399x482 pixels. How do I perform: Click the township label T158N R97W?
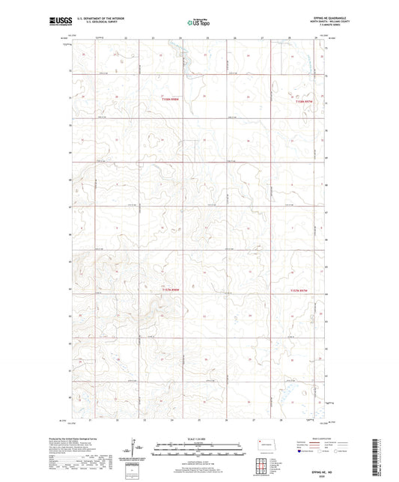(x=302, y=103)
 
